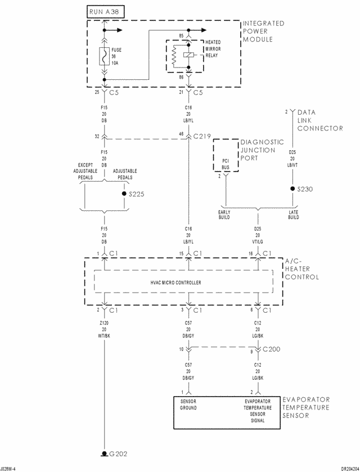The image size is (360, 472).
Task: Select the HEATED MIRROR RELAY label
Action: pos(213,50)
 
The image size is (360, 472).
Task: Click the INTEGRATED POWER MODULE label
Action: pos(263,32)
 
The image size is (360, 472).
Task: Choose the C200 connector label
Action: pos(272,349)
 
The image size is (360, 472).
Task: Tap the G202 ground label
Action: pos(119,453)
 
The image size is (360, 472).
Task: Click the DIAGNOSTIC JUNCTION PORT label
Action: pos(258,150)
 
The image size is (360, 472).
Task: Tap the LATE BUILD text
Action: pos(293,215)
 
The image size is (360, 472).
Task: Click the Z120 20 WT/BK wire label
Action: pos(104,330)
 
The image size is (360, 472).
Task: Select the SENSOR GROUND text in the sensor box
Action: pos(190,404)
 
